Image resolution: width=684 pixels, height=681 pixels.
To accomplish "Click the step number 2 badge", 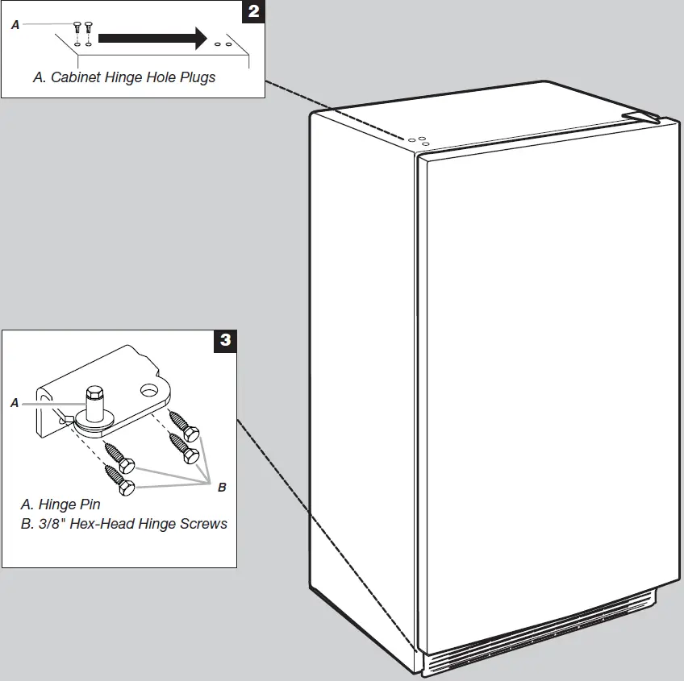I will pyautogui.click(x=253, y=13).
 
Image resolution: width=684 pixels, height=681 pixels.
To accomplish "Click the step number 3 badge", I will pyautogui.click(x=225, y=340).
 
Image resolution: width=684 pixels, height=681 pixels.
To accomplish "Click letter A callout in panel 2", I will pyautogui.click(x=15, y=26).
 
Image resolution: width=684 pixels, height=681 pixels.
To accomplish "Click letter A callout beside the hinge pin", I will pyautogui.click(x=15, y=402).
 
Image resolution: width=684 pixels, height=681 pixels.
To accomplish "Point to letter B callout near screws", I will pyautogui.click(x=222, y=487).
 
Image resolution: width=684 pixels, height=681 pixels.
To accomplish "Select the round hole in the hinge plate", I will pyautogui.click(x=150, y=391).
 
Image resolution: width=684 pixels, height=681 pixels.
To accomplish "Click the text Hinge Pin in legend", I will pyautogui.click(x=69, y=505).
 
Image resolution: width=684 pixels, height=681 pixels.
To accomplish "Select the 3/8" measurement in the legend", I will pyautogui.click(x=51, y=524).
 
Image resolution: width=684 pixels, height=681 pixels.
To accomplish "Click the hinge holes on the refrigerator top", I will pyautogui.click(x=418, y=141).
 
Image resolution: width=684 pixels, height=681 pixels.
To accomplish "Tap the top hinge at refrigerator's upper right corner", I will pyautogui.click(x=646, y=118).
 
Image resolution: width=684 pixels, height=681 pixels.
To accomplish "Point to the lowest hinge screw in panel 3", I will pyautogui.click(x=125, y=486).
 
